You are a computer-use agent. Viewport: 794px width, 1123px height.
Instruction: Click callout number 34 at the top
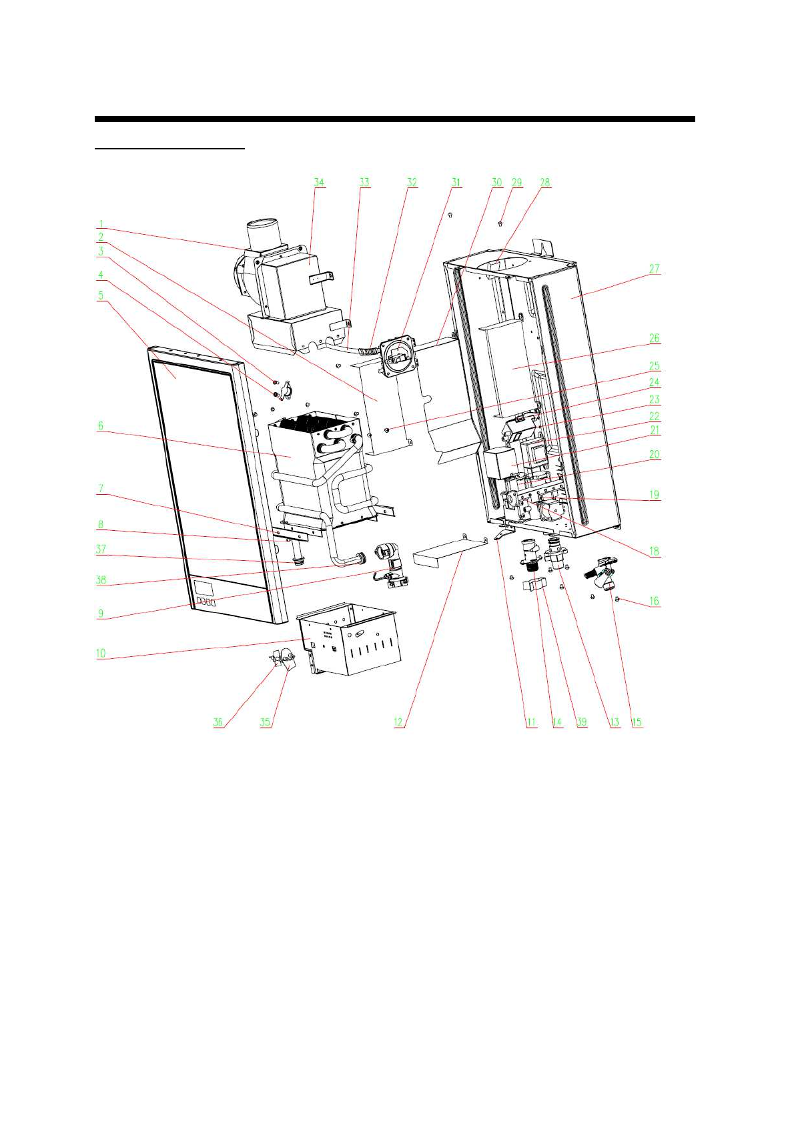click(x=319, y=183)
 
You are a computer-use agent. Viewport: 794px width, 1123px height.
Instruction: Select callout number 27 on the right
click(x=654, y=269)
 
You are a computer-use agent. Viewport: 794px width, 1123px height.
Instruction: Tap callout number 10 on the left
click(x=101, y=653)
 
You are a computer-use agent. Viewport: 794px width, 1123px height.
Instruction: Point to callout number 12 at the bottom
click(x=398, y=722)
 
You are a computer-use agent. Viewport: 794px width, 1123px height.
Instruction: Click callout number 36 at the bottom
click(x=218, y=722)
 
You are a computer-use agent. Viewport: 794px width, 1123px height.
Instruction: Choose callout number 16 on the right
click(x=654, y=601)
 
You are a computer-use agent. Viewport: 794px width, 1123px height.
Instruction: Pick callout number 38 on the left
click(x=101, y=580)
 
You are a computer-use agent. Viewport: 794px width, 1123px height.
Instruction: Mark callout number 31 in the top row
click(x=456, y=183)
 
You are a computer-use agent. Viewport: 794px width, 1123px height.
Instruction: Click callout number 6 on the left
click(x=101, y=425)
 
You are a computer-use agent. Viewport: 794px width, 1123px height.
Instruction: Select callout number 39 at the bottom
click(x=582, y=722)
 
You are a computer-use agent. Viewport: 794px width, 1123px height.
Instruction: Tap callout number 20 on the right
click(x=654, y=455)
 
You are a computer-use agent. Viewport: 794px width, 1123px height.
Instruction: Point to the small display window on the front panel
click(x=204, y=588)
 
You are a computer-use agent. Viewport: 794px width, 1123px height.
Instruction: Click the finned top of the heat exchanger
click(x=314, y=423)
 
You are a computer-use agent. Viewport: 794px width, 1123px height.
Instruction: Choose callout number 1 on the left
click(x=101, y=224)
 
